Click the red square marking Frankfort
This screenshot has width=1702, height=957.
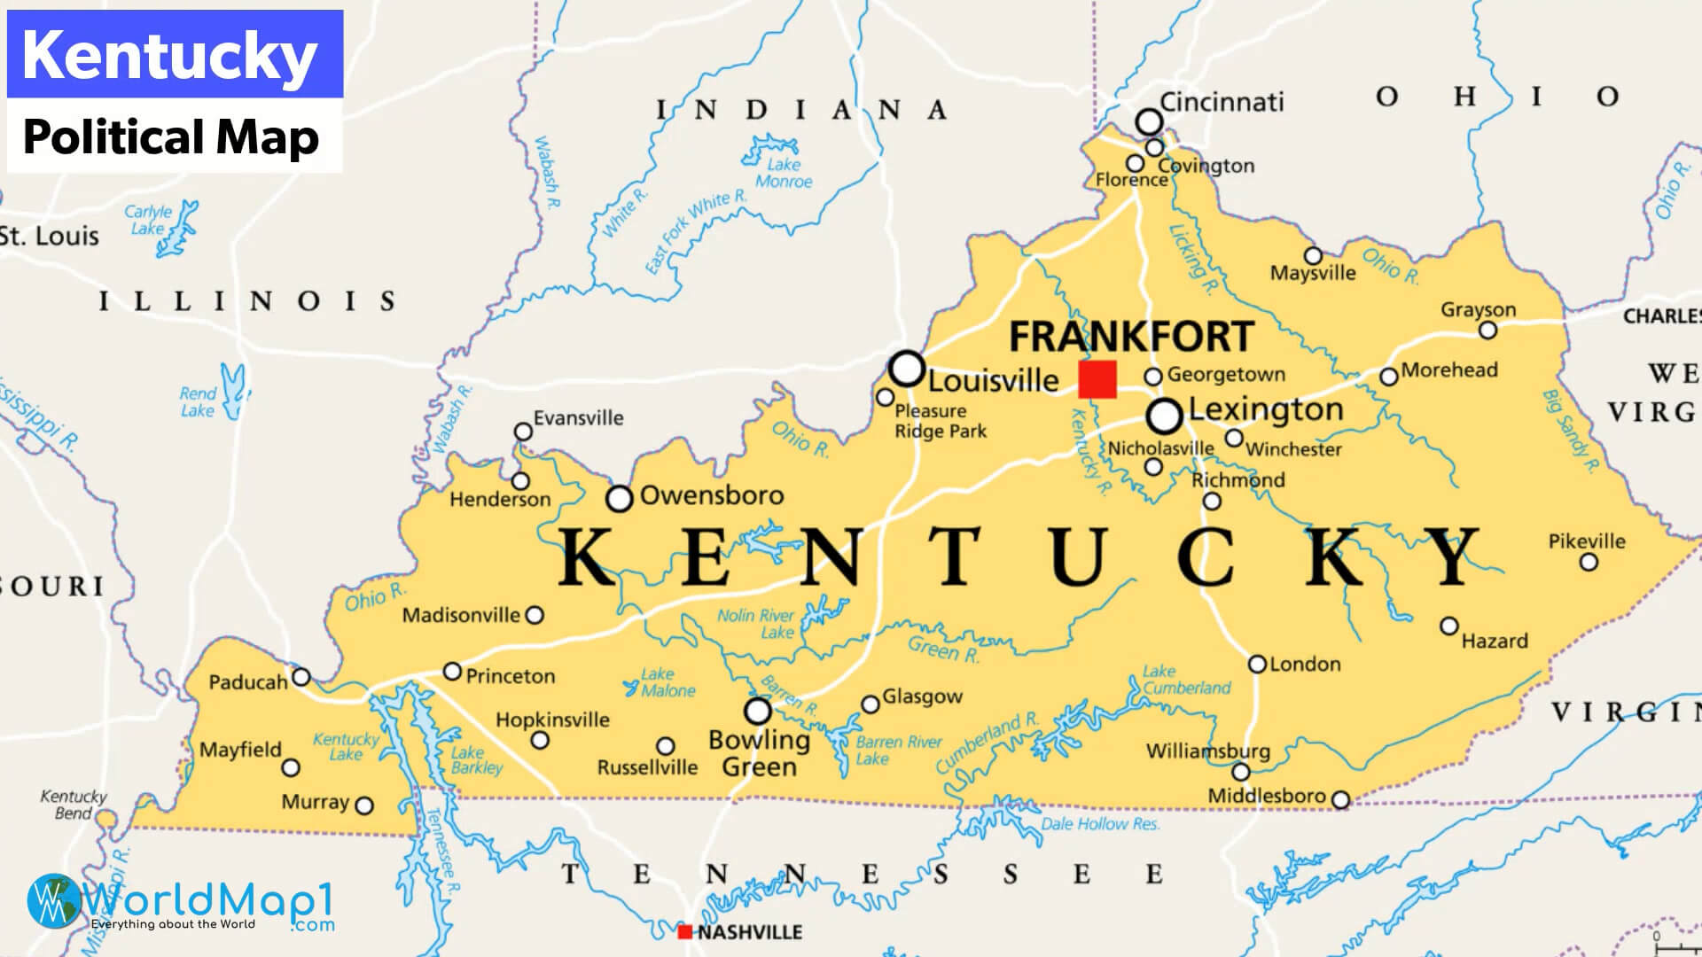1097,379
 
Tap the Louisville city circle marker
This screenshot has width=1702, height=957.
907,368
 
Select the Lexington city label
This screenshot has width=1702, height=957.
1265,409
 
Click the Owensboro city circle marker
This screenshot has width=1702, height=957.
619,499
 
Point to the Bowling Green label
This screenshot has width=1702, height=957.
760,752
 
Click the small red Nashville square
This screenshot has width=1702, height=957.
684,931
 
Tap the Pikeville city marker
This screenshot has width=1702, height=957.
1589,562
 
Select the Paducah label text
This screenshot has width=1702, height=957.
248,682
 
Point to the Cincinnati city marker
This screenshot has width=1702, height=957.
1149,121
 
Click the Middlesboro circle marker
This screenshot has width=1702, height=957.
1340,800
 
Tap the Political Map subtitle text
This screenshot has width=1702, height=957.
171,137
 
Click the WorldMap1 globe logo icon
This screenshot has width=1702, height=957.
53,901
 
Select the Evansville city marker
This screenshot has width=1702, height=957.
523,432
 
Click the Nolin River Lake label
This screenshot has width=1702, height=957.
756,624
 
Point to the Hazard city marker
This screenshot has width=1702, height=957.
1448,626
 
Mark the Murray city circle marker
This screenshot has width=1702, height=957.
363,805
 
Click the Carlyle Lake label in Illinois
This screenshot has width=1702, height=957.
148,220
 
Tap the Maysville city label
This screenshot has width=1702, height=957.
1313,274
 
